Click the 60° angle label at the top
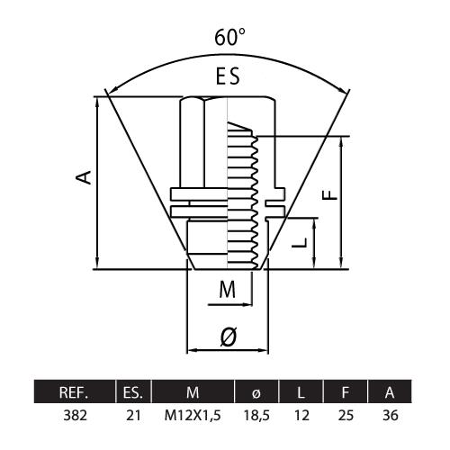[229, 37]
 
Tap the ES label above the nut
[228, 76]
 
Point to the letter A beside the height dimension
[84, 176]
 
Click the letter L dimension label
[300, 242]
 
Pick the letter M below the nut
[228, 289]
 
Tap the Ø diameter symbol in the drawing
[229, 336]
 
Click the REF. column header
[74, 392]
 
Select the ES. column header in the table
[133, 392]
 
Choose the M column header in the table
[193, 392]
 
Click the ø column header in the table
[256, 393]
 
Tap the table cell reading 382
[76, 416]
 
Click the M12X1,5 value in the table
[193, 416]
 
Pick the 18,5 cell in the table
[256, 416]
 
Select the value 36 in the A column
[391, 416]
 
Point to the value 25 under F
[346, 416]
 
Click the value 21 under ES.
[133, 416]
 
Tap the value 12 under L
[301, 416]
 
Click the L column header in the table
[301, 392]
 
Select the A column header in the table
[390, 392]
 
